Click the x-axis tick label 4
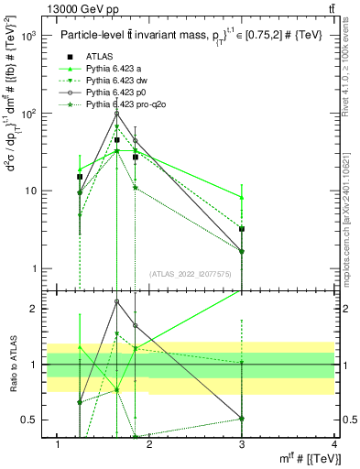(x=334, y=444)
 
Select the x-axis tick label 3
(x=242, y=444)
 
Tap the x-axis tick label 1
(x=58, y=444)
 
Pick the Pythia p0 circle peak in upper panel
(x=116, y=114)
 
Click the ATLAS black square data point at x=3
(x=242, y=229)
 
